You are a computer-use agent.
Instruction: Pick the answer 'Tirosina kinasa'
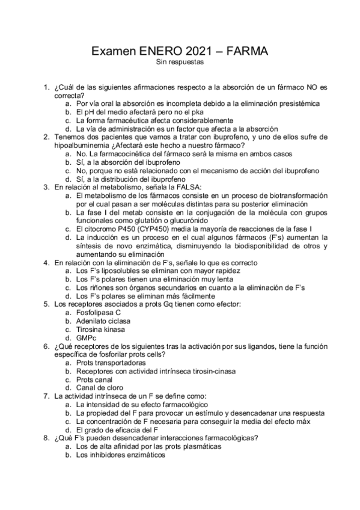[x=102, y=330]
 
